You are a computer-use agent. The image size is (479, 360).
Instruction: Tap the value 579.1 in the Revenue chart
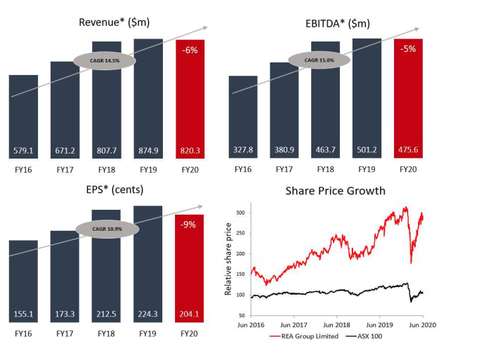(x=24, y=150)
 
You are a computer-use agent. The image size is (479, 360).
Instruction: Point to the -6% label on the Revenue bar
(x=190, y=51)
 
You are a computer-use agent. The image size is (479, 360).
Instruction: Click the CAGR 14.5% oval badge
(x=104, y=60)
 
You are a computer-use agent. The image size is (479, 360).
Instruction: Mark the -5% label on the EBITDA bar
(x=408, y=50)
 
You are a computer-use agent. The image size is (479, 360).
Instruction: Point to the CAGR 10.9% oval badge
(x=104, y=229)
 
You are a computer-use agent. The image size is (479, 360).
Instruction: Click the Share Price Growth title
(x=335, y=191)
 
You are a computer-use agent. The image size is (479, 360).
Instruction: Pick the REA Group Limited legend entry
(x=302, y=336)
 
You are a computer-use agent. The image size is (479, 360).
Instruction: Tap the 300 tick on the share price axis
(x=240, y=213)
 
